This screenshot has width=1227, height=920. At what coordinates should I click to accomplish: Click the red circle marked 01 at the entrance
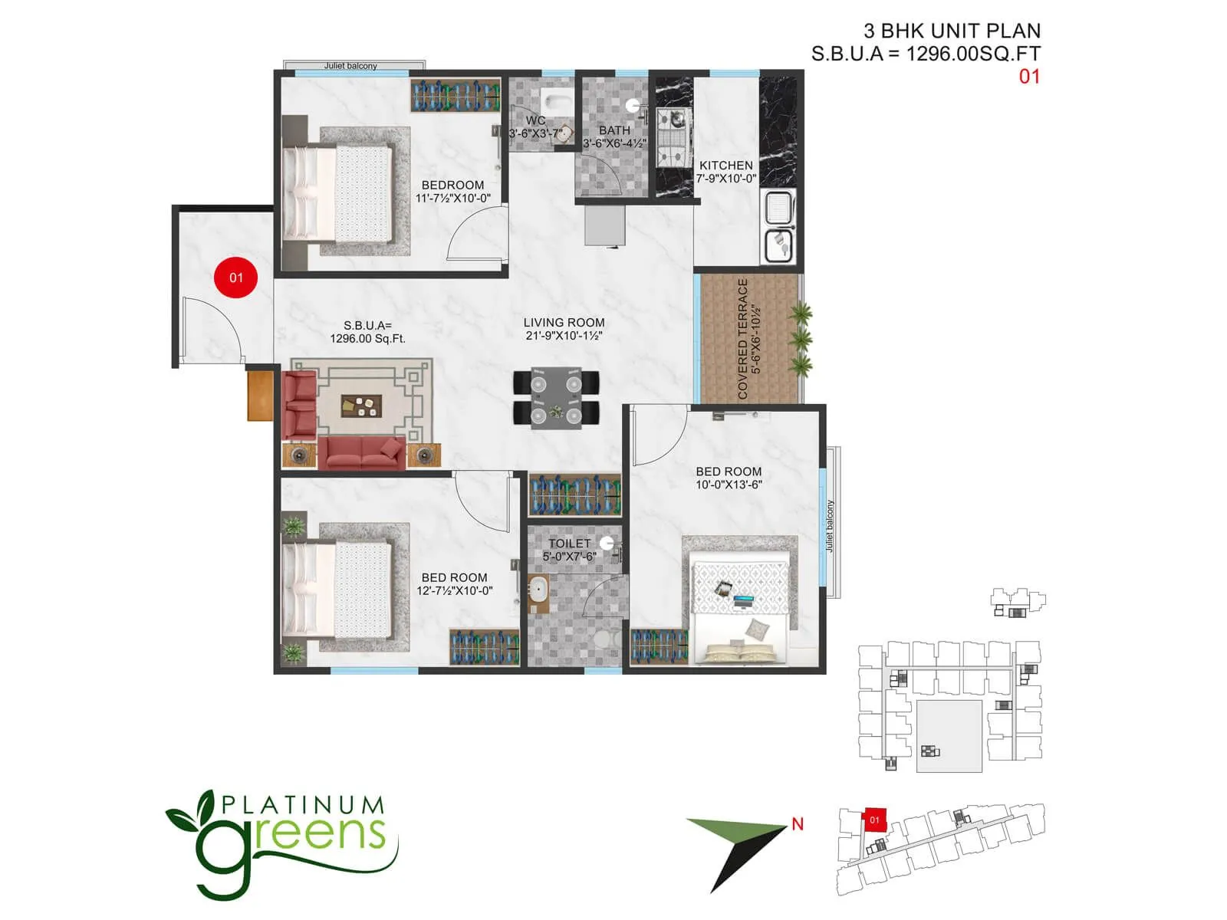coord(235,278)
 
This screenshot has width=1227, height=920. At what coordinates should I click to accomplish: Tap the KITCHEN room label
coord(725,166)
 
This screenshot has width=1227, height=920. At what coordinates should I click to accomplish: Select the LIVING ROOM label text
coord(564,323)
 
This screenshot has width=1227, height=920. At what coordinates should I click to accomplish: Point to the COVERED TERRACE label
coord(742,339)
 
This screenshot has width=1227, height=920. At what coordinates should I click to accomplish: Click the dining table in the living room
coord(556,397)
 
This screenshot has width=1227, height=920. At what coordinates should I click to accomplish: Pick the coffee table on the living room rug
coord(361,406)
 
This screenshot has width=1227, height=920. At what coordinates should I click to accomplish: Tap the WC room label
coord(536,120)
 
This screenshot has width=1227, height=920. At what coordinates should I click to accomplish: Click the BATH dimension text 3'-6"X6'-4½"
coord(614,143)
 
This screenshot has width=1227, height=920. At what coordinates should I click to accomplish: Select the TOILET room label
coord(569,543)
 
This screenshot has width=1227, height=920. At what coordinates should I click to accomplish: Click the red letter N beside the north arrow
coord(798,824)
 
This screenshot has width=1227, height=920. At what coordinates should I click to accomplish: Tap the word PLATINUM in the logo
coord(302,805)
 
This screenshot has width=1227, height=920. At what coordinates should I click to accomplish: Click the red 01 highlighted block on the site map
coord(874,820)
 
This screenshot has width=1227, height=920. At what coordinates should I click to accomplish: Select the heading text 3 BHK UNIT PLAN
coord(952,31)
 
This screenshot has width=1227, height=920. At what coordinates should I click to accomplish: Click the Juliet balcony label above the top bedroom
coord(350,66)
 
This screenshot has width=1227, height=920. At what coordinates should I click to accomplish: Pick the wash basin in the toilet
coord(538,591)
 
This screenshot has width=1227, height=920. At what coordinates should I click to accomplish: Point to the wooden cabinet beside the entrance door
coord(260,396)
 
